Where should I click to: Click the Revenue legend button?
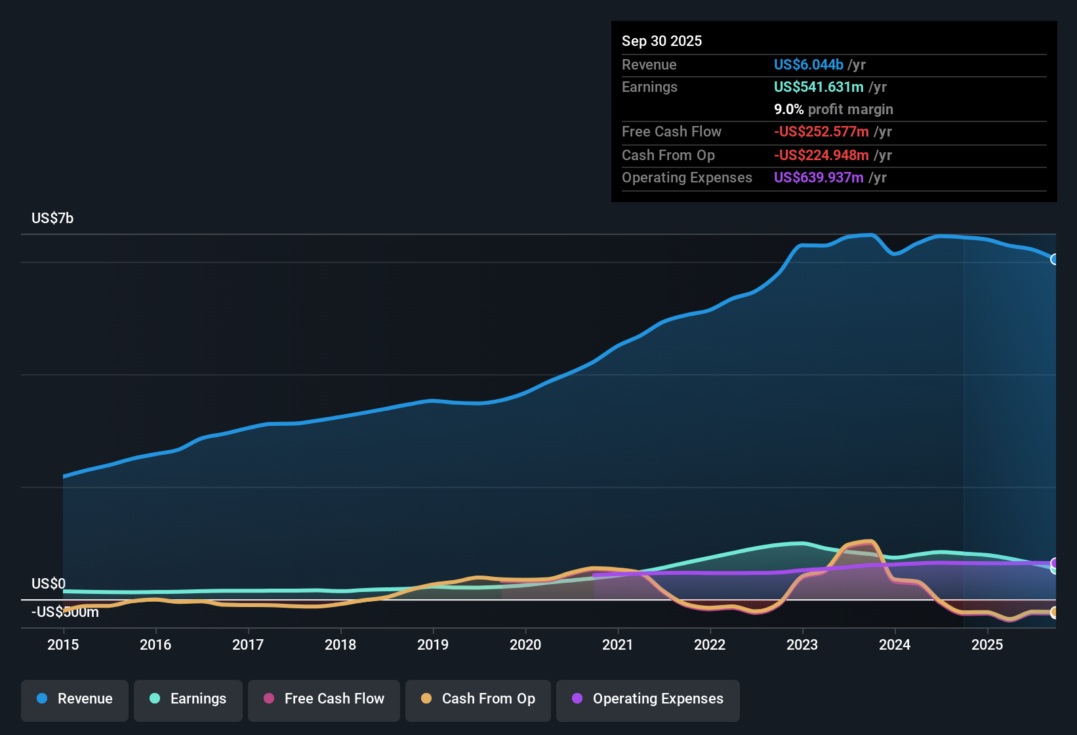click(75, 699)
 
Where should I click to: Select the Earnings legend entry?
click(188, 699)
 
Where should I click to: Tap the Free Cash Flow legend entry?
click(324, 699)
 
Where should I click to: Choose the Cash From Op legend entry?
click(478, 699)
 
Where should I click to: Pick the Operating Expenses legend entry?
click(648, 699)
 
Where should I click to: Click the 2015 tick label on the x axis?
click(63, 644)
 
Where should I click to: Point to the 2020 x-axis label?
click(525, 644)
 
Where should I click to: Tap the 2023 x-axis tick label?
click(802, 644)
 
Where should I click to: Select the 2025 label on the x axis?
click(987, 644)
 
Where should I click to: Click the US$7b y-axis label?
click(52, 218)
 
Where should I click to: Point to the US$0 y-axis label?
click(49, 583)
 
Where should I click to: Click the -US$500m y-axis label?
click(65, 612)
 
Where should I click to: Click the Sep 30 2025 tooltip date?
click(662, 41)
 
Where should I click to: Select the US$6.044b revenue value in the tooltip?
click(808, 64)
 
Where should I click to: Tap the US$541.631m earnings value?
click(819, 87)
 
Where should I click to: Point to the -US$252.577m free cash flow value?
click(821, 131)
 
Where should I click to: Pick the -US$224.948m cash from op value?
click(821, 155)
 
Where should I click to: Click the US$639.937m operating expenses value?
click(819, 177)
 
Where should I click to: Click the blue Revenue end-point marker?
click(1055, 259)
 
